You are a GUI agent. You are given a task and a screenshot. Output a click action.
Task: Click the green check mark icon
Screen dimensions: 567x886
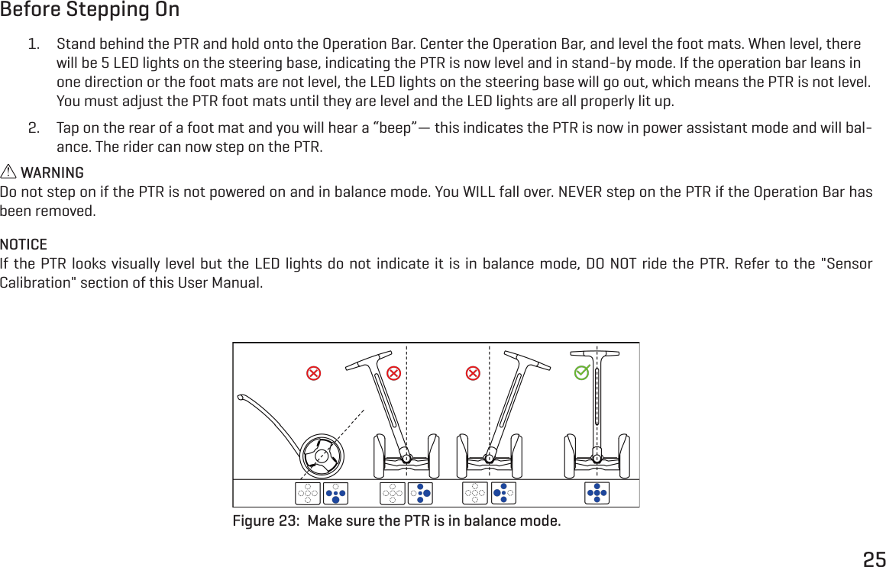583,372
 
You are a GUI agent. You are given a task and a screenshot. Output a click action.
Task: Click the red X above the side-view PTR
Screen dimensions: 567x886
313,373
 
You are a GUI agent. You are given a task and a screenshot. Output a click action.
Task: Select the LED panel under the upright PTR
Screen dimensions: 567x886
597,494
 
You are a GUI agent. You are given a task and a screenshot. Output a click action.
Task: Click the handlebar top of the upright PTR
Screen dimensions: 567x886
596,353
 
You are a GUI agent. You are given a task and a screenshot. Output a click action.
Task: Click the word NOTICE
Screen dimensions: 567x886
24,245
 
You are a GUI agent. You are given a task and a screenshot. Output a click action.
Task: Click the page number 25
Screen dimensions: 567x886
874,559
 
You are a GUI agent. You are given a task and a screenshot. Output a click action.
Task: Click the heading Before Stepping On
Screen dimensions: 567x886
90,11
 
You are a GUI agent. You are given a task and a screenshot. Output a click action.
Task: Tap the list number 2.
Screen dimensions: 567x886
34,127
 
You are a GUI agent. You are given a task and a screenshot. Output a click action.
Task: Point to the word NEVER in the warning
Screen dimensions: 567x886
580,191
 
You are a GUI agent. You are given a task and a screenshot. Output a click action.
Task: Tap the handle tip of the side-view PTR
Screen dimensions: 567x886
241,397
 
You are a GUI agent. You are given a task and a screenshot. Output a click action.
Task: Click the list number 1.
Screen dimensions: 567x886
34,43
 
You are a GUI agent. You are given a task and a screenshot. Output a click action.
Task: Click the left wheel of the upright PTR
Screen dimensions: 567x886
570,456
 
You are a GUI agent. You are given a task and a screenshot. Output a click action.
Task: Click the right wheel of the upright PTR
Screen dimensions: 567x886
624,456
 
